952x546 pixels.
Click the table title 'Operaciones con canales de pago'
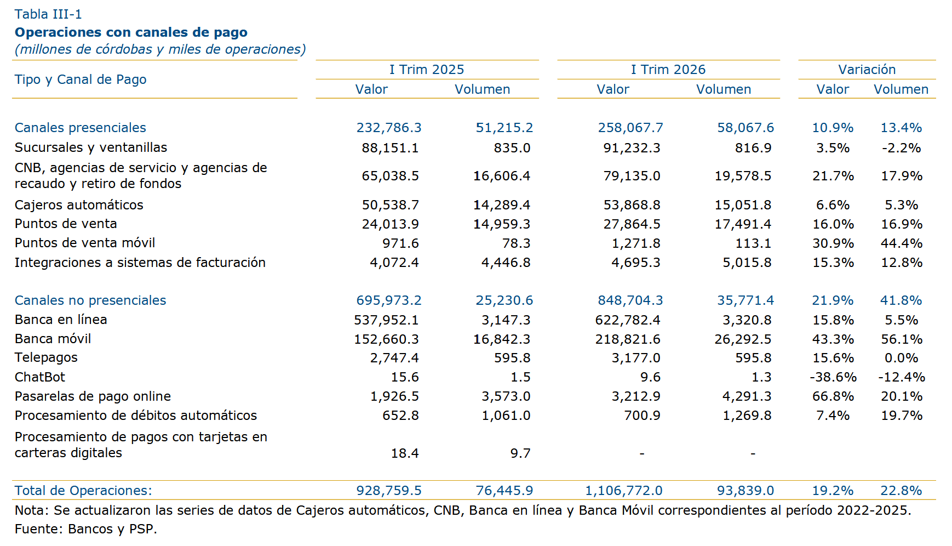coord(131,32)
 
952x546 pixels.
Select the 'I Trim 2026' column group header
coord(668,70)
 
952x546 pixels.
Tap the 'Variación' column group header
coord(867,70)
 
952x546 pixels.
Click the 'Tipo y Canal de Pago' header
coord(81,79)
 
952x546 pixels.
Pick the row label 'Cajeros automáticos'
coord(79,205)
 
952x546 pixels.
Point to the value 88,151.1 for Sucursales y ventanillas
coord(390,148)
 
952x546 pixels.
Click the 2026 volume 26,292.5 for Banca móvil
coord(743,339)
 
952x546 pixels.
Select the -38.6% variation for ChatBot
coord(833,377)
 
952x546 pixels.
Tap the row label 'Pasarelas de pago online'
coord(93,396)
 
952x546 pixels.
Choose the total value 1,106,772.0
coord(624,491)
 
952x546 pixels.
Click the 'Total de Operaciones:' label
coord(83,491)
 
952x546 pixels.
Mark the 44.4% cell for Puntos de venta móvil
coord(902,243)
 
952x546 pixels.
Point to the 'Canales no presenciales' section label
coord(90,300)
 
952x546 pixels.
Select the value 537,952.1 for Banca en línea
coord(387,320)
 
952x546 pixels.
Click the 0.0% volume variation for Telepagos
coord(902,358)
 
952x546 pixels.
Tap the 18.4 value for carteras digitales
coord(405,453)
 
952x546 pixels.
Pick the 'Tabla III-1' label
coord(48,14)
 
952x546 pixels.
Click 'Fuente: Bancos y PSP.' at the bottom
coord(86,529)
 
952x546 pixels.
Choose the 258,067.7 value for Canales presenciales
coord(630,128)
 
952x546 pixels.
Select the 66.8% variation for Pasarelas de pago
coord(833,396)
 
